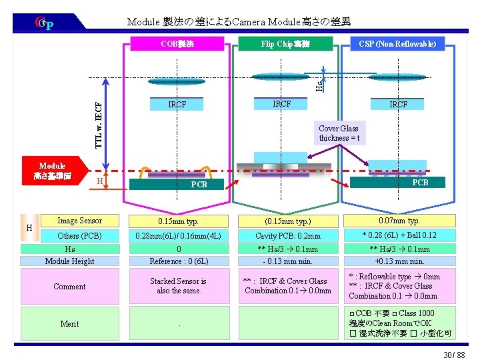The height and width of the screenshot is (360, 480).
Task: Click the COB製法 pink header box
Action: tap(177, 45)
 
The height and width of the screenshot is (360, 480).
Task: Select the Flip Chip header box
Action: tap(286, 45)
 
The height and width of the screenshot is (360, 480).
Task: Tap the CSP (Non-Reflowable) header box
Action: tap(397, 44)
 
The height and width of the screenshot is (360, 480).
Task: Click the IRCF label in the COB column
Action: tap(177, 105)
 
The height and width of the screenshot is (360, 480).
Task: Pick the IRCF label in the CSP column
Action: tap(399, 105)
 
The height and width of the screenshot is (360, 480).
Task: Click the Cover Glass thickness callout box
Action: tap(339, 133)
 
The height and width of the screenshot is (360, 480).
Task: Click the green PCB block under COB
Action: tap(199, 184)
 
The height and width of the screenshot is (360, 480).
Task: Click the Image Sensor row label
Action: tap(80, 221)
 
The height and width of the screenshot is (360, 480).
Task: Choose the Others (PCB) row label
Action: tap(80, 235)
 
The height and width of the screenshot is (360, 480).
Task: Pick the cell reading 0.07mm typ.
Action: tap(400, 221)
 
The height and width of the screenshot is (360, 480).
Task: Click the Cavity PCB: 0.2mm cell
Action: tap(288, 235)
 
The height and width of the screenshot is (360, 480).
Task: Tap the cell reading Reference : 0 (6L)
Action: tap(179, 261)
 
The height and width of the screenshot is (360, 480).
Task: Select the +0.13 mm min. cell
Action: tap(400, 261)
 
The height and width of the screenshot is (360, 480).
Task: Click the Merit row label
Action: tap(69, 324)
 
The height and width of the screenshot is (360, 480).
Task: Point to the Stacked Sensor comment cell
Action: tap(178, 286)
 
